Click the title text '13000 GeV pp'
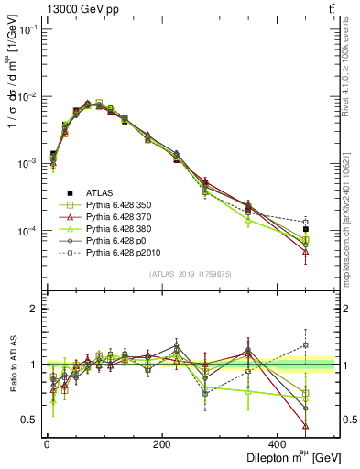pyautogui.click(x=80, y=10)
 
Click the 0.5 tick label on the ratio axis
pyautogui.click(x=29, y=420)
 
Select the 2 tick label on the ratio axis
pyautogui.click(x=34, y=309)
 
